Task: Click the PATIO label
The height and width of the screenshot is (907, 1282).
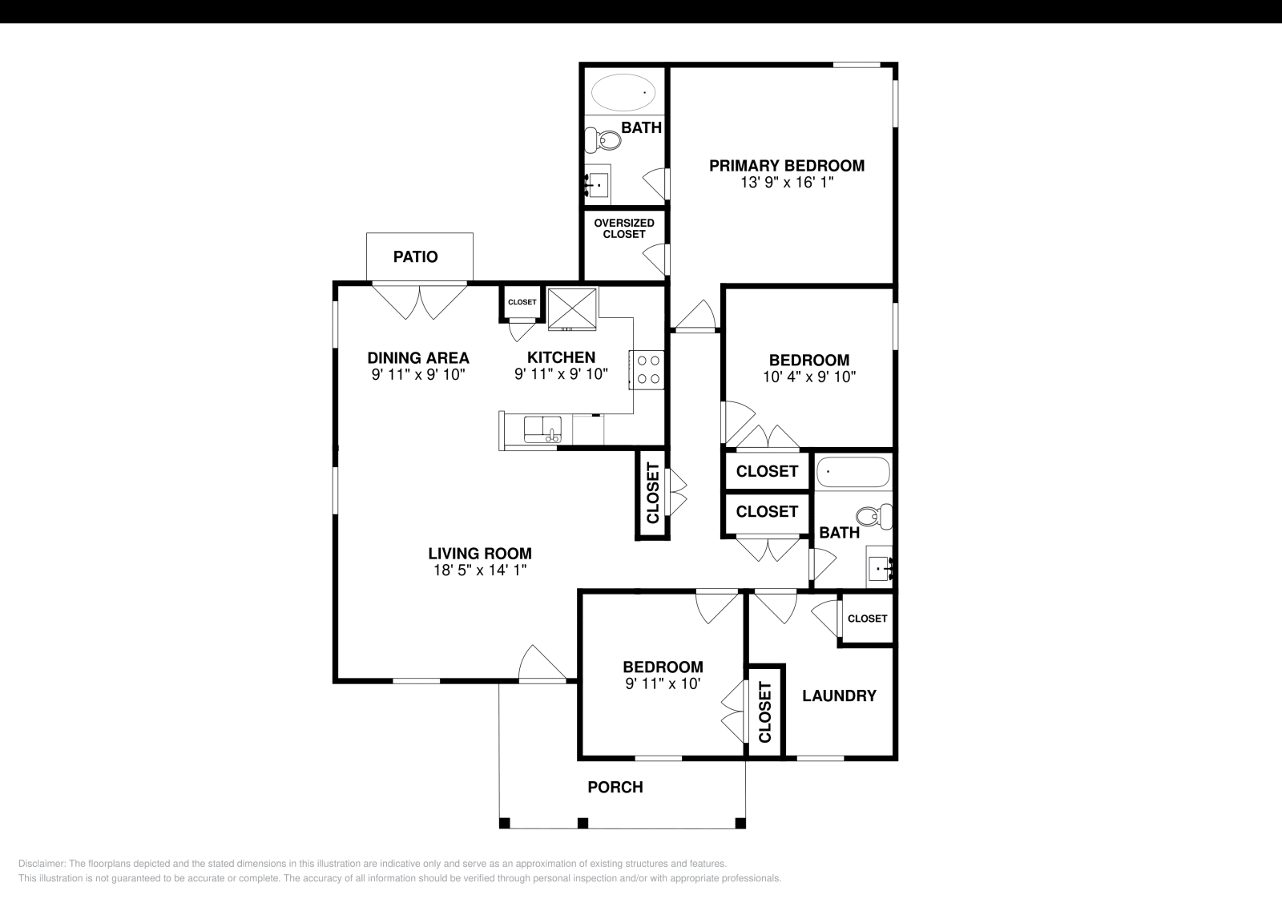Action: (x=416, y=257)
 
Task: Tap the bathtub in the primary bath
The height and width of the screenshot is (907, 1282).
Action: (x=623, y=92)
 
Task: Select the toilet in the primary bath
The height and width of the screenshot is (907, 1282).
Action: (x=603, y=139)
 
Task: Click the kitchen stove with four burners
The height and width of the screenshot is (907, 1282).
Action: (x=647, y=369)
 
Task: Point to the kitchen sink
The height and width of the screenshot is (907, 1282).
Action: (x=542, y=429)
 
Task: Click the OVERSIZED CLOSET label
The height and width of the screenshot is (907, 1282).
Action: (x=624, y=229)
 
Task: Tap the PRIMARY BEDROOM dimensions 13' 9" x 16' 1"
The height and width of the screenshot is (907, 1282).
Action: (x=787, y=183)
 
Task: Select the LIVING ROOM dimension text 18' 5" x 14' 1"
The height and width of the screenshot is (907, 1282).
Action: (x=480, y=570)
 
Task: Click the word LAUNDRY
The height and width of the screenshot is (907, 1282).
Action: (x=839, y=695)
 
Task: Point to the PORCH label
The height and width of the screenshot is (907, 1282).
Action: (x=615, y=788)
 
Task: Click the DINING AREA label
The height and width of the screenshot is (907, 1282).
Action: (x=417, y=358)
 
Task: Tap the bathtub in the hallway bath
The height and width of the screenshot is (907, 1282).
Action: (x=853, y=472)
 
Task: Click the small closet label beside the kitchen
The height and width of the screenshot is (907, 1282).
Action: (x=522, y=302)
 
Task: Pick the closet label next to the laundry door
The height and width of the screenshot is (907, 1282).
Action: (x=867, y=619)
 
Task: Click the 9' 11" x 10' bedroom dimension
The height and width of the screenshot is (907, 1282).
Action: (x=663, y=683)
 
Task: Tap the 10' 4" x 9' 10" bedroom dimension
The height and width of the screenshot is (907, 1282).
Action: (x=808, y=377)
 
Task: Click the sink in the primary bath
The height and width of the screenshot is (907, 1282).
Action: (x=597, y=185)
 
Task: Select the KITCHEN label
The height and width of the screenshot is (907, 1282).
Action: (x=561, y=357)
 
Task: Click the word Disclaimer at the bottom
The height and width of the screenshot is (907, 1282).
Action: (x=42, y=864)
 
